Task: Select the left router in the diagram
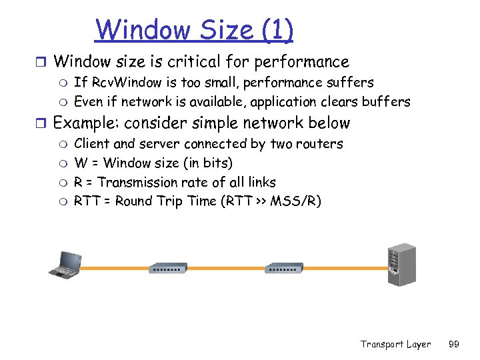[168, 269]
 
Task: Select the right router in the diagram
[284, 269]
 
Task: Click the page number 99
[454, 344]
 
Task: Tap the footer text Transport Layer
[395, 344]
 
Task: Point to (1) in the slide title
[276, 29]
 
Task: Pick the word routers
[321, 144]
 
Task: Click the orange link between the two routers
[226, 269]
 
